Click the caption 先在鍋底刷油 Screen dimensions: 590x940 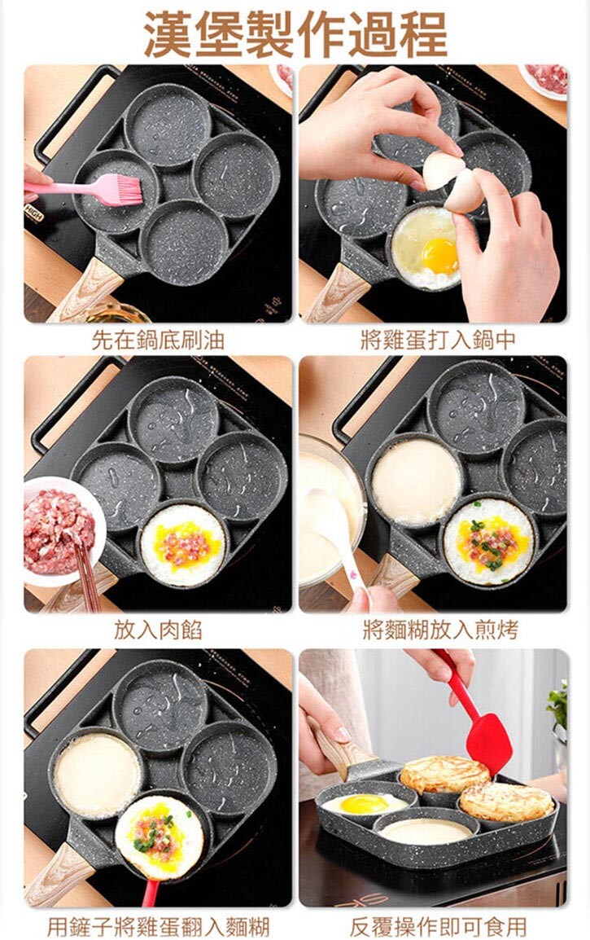[158, 340]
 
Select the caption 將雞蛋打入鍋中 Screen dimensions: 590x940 [438, 340]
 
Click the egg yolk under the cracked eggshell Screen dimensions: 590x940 [439, 255]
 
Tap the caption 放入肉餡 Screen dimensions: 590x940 [158, 630]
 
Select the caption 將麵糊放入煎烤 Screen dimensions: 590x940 [440, 630]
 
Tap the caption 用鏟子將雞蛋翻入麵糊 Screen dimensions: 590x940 [158, 925]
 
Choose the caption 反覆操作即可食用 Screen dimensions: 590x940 [439, 925]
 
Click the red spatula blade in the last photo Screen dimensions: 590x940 [488, 744]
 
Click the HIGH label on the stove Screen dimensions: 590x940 [34, 213]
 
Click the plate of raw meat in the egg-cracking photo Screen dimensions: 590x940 [544, 80]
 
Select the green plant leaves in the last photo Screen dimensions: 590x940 [557, 706]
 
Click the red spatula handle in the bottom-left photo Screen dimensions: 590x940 [150, 894]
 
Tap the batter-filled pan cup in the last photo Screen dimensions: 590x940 [426, 831]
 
